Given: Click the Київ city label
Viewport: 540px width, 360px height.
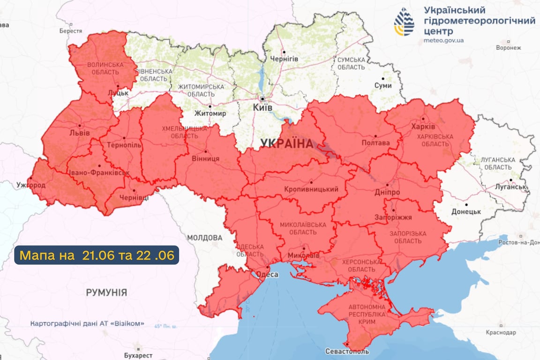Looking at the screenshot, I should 262,107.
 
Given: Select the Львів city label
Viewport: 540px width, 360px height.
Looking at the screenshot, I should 78,133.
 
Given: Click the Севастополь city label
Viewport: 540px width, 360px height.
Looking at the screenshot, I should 347,352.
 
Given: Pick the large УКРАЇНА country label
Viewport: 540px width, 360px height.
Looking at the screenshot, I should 286,144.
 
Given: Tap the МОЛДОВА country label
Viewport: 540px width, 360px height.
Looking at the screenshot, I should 205,238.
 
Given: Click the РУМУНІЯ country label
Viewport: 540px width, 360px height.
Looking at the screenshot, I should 106,292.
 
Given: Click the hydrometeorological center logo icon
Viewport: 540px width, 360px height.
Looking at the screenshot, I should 404,22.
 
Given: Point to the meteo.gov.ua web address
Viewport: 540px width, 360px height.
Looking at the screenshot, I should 443,40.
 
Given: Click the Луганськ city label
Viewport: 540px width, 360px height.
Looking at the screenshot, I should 511,187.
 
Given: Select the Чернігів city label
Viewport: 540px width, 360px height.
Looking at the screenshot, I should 284,59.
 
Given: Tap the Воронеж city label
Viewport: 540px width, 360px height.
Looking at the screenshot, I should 508,47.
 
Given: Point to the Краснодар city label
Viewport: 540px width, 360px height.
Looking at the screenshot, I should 501,332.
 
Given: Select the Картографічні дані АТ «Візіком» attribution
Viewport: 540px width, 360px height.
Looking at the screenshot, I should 87,324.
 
